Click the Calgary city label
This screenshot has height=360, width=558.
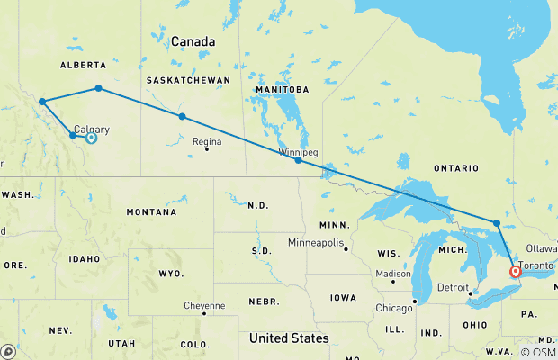tap(93, 128)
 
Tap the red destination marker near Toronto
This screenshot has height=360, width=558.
tap(515, 271)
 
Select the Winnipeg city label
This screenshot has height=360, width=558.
tap(298, 152)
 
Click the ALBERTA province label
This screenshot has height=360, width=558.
tap(84, 65)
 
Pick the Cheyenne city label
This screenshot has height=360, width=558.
tap(204, 305)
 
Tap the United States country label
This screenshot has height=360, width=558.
tap(288, 337)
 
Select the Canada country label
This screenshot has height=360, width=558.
tap(193, 42)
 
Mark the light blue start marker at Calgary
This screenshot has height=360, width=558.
tap(91, 138)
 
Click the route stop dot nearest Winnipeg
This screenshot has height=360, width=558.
tap(298, 160)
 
